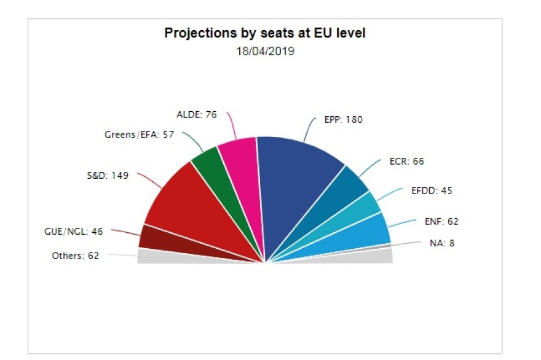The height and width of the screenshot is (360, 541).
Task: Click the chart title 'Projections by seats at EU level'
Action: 264,33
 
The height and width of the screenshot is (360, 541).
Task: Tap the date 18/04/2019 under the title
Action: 265,52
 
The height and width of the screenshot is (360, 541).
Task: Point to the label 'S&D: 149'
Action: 107,176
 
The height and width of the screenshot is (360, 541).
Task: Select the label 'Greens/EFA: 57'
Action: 140,135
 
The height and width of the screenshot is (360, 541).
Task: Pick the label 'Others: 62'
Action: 75,256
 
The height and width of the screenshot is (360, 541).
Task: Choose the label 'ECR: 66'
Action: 407,162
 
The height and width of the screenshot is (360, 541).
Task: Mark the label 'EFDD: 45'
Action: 432,190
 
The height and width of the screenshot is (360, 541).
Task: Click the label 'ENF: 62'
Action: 441,221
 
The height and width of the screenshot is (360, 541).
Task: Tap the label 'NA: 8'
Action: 442,243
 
